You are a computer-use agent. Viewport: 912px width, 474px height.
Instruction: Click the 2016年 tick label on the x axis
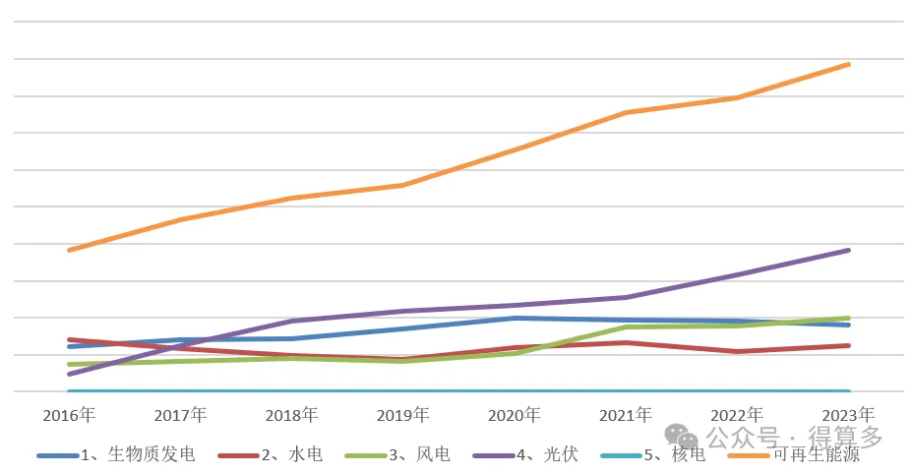[68, 415]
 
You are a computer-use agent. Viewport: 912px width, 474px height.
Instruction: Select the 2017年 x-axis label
[180, 415]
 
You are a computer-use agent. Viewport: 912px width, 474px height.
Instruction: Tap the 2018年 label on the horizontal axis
[291, 415]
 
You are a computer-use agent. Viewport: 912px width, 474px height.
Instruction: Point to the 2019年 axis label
[403, 415]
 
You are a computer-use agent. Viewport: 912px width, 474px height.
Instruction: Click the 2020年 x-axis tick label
[515, 415]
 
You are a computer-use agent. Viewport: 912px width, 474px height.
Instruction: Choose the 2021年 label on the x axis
[626, 415]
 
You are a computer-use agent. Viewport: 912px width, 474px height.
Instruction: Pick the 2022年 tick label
[737, 415]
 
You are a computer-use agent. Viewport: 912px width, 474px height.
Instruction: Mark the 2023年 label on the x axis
[848, 415]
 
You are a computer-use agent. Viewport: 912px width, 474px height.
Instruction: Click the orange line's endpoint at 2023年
[848, 65]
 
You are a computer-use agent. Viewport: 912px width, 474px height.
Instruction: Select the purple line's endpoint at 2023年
[848, 251]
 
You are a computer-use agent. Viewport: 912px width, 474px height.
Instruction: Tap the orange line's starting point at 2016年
[69, 250]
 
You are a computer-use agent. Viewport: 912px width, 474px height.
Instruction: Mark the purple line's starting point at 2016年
[69, 374]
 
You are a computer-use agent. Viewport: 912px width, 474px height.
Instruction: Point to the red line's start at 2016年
[69, 339]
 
